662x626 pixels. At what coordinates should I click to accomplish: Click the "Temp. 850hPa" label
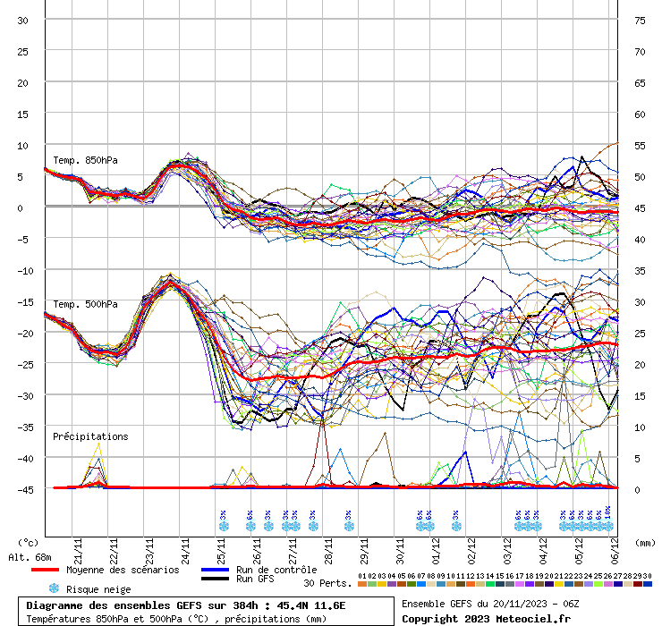click(85, 161)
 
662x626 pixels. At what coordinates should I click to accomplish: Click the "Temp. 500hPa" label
click(85, 304)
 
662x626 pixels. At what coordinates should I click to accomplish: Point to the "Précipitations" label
click(90, 436)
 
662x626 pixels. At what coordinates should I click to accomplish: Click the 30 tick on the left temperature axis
click(22, 21)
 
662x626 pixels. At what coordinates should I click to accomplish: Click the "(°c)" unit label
click(28, 542)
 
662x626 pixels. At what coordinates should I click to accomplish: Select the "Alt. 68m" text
click(30, 557)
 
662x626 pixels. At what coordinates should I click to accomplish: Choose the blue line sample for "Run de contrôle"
click(216, 570)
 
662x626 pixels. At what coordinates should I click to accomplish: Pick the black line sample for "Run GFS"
click(216, 579)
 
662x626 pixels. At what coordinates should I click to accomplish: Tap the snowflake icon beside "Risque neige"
click(54, 588)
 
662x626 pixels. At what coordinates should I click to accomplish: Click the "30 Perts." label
click(326, 583)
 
